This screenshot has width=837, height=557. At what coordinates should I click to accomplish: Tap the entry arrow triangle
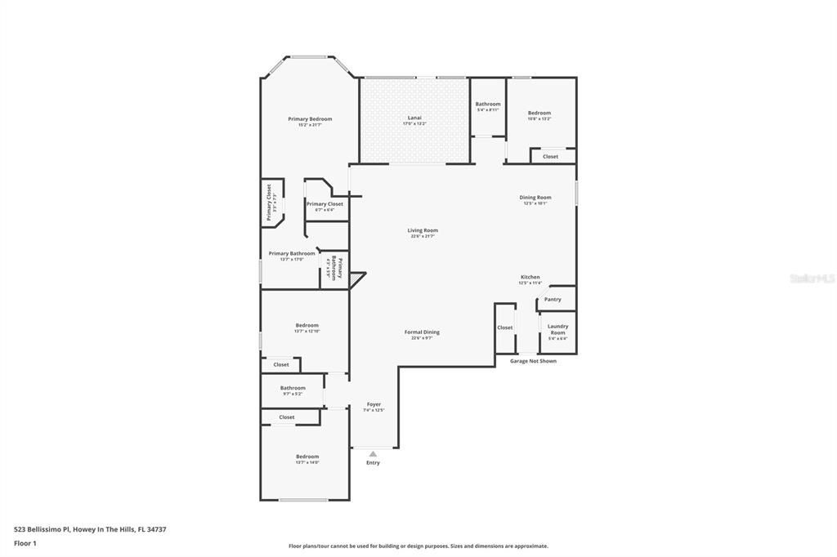pyautogui.click(x=374, y=454)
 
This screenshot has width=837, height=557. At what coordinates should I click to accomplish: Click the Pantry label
pyautogui.click(x=553, y=300)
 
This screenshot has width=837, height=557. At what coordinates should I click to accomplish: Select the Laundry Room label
pyautogui.click(x=557, y=330)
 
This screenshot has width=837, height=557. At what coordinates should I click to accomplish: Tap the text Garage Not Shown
pyautogui.click(x=533, y=361)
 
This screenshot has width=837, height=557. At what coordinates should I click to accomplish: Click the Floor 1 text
pyautogui.click(x=25, y=543)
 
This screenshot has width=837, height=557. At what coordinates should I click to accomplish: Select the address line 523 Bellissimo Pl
pyautogui.click(x=90, y=529)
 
